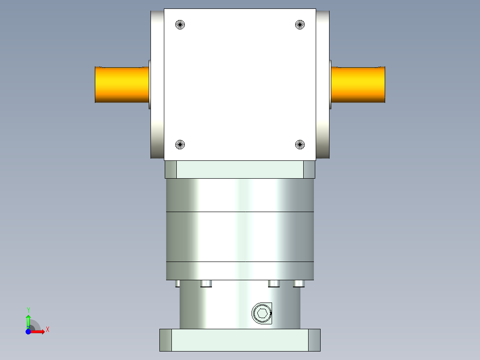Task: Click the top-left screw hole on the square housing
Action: coord(180,25)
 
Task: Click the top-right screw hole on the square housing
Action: coord(300,25)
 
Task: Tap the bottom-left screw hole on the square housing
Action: coord(180,144)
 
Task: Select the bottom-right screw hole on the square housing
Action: coord(300,144)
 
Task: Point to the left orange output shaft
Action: coord(122,85)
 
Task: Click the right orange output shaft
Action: coord(358,85)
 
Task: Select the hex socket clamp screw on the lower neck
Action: coord(262,313)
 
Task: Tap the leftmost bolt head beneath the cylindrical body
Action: coord(178,283)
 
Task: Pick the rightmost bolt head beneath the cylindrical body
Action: coord(299,283)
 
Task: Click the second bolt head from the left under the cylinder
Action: coord(206,283)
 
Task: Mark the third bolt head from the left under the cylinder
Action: coord(274,283)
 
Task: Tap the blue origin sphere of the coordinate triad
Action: coord(28,331)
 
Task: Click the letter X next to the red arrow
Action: coord(47,330)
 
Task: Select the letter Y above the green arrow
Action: coord(28,310)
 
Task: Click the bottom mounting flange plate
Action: coord(240,340)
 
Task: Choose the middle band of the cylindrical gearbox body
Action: coord(240,236)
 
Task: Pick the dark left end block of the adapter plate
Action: coord(171,170)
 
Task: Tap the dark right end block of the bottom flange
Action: coord(314,340)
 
